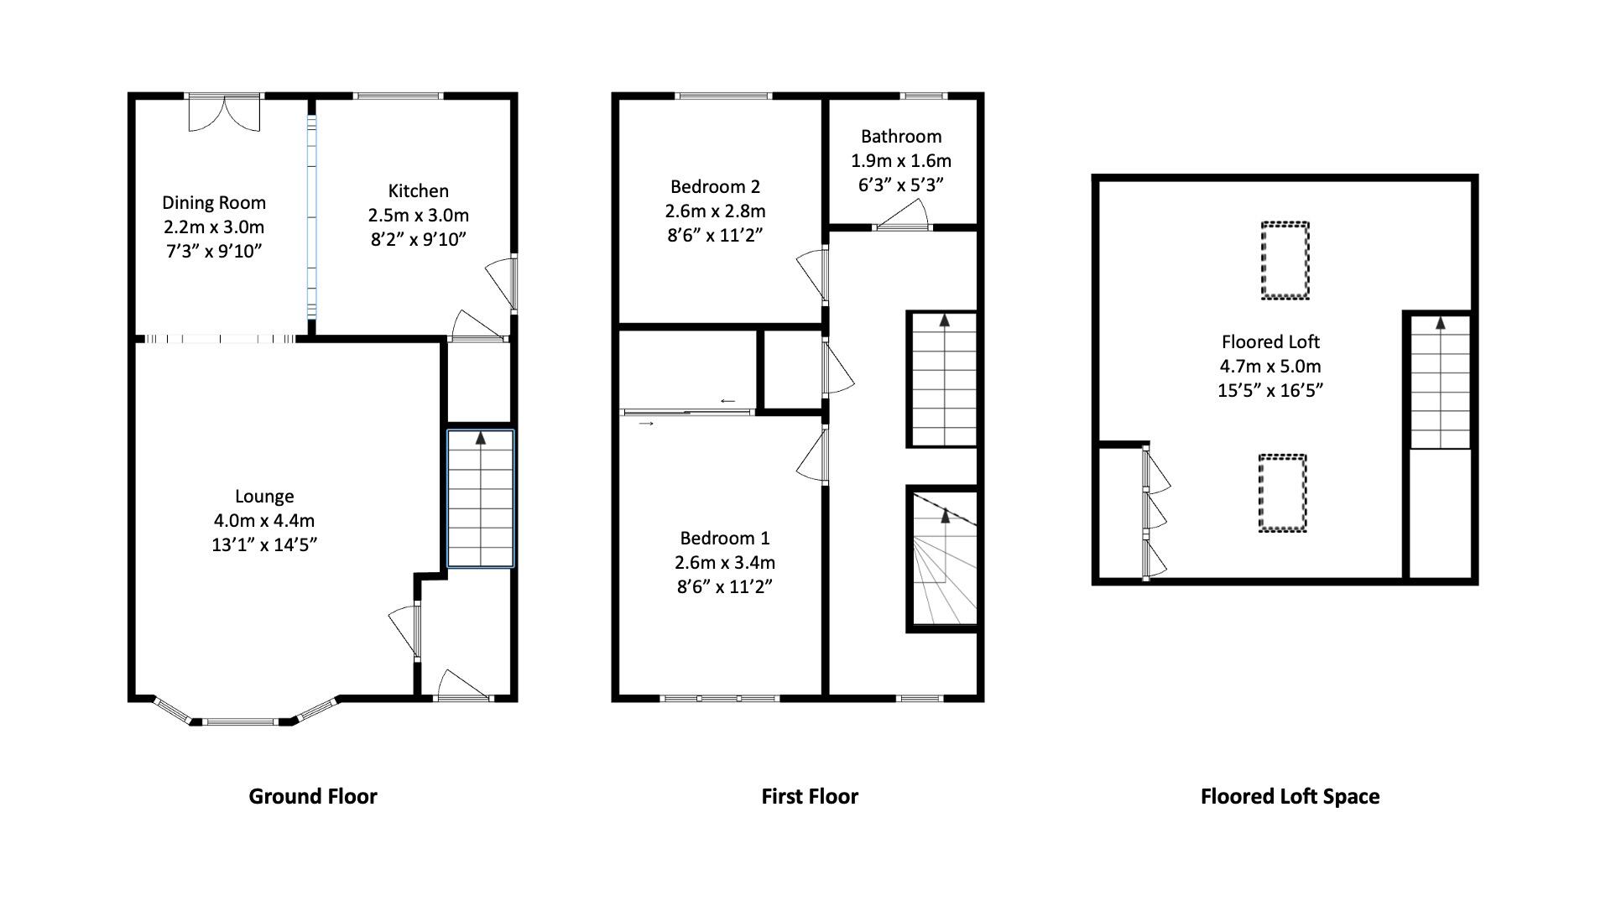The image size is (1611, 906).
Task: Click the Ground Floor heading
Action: point(312,796)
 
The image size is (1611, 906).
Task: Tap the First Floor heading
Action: point(809,796)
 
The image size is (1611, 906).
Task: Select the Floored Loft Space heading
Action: point(1289,796)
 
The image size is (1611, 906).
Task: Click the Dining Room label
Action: point(213,202)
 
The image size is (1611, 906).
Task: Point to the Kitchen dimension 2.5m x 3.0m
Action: point(418,215)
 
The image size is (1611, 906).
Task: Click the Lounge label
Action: point(263,496)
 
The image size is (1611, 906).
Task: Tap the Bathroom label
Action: point(900,136)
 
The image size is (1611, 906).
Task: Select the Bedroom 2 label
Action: point(715,186)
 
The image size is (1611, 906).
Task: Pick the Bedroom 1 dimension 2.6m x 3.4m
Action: point(724,562)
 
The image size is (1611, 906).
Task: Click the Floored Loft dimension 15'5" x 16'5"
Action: point(1270,390)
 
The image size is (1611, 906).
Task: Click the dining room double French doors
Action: point(224,112)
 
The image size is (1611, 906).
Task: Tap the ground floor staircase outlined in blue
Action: point(480,499)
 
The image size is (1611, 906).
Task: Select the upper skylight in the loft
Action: point(1285,260)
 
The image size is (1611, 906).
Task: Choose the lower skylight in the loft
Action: point(1282,493)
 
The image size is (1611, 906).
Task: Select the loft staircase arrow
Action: point(1440,322)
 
